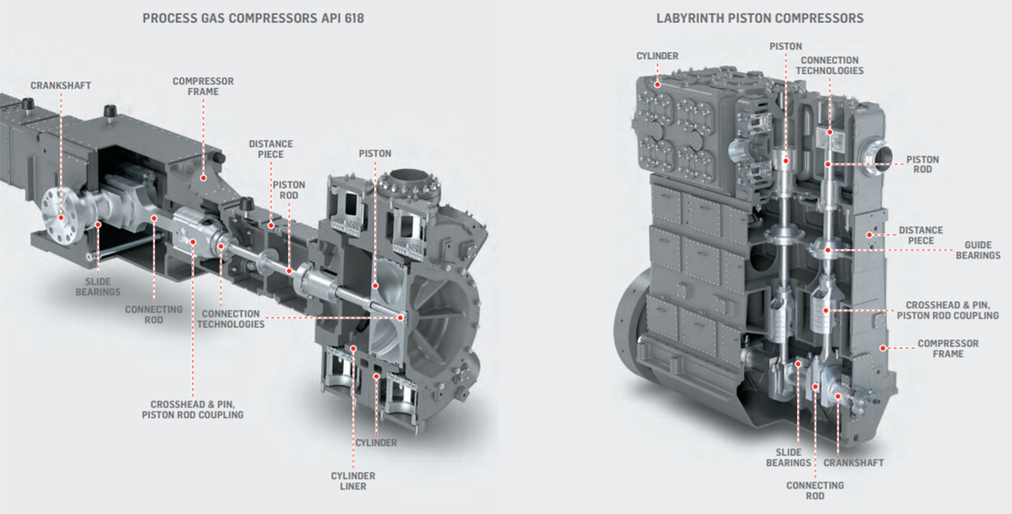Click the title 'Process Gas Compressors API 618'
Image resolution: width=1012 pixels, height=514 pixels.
253,17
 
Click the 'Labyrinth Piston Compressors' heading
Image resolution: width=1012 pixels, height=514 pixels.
759,17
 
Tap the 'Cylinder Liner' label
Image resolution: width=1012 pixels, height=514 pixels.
352,481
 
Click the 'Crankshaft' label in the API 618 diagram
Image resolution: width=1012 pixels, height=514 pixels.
61,85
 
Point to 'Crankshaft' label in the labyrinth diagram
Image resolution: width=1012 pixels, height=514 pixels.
853,463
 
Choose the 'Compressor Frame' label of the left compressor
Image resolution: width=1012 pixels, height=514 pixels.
203,87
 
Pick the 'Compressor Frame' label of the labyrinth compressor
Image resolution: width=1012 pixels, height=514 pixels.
947,349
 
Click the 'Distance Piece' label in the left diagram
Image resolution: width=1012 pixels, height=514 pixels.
270,149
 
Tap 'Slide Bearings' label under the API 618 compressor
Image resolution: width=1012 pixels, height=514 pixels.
98,286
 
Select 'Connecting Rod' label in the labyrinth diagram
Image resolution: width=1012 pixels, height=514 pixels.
814,490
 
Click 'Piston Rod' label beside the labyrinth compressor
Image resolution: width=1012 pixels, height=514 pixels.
923,165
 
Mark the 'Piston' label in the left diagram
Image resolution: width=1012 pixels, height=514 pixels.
375,153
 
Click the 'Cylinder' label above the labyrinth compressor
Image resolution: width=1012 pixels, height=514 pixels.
657,56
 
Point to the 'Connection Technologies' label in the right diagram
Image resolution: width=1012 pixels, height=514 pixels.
829,65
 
